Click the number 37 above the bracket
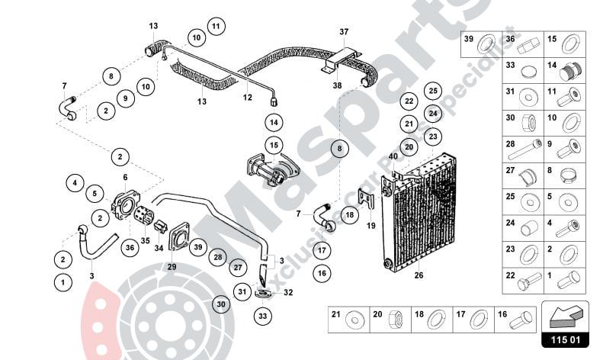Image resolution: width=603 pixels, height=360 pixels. point(344,31)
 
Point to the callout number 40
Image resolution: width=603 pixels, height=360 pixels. point(393,157)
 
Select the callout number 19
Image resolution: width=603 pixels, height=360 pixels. point(371,226)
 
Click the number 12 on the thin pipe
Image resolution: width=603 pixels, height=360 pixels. point(247,97)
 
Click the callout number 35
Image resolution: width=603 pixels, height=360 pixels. point(145,240)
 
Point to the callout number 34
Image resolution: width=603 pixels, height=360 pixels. point(159,248)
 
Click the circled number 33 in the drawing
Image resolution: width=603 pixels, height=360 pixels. point(261,316)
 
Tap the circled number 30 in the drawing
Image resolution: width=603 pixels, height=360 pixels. point(221,304)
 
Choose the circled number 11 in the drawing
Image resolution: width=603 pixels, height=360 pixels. point(217,27)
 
